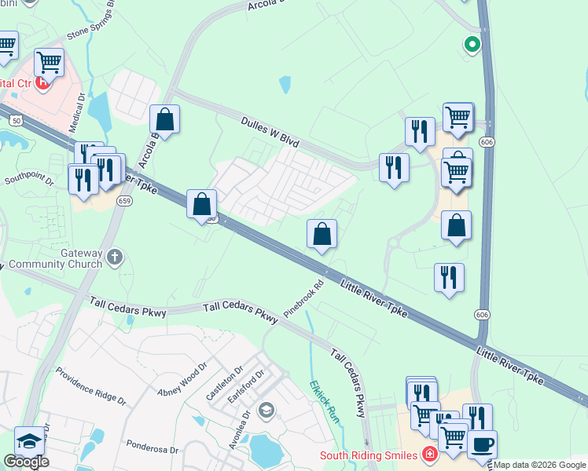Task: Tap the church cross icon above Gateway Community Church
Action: tap(115, 256)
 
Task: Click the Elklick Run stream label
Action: tap(323, 401)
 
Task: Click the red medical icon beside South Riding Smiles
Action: tap(429, 454)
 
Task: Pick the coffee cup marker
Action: tap(482, 444)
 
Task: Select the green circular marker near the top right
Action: tap(472, 45)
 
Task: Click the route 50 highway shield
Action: tap(15, 121)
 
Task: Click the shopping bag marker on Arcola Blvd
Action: tap(165, 120)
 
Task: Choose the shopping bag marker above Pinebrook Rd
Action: tap(322, 234)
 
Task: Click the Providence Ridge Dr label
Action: tap(90, 393)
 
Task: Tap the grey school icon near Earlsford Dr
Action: tap(266, 409)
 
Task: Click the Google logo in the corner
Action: tap(26, 462)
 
